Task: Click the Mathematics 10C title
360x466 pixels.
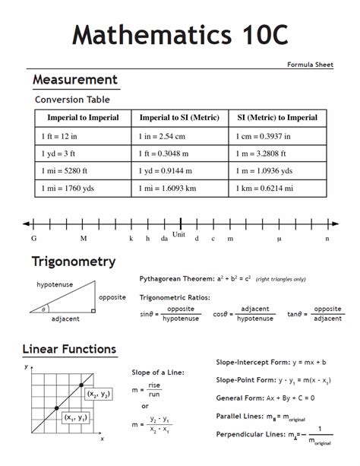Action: coord(179,35)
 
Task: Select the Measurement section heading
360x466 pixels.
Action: coord(74,80)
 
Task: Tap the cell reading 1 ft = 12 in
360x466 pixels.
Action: coord(59,135)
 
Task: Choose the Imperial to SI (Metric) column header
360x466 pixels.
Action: coord(179,118)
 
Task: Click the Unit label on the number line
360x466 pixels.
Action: coord(179,234)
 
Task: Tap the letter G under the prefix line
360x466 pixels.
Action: coord(33,239)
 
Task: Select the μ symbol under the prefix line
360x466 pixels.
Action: coord(279,239)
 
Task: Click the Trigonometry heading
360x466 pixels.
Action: coord(73,262)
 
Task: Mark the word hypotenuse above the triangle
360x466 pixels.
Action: coord(53,284)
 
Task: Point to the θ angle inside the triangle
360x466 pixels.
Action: coord(44,309)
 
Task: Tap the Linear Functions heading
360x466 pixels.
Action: coord(69,350)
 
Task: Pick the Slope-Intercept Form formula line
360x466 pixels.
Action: coord(271,362)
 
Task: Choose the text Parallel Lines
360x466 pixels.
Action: coord(240,417)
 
